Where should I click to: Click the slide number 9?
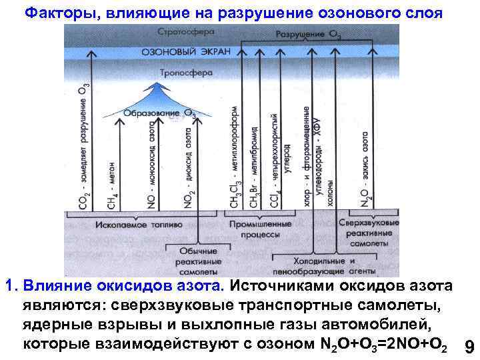[x=469, y=347]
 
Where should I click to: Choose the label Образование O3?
[x=159, y=113]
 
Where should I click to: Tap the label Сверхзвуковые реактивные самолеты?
[x=369, y=233]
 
